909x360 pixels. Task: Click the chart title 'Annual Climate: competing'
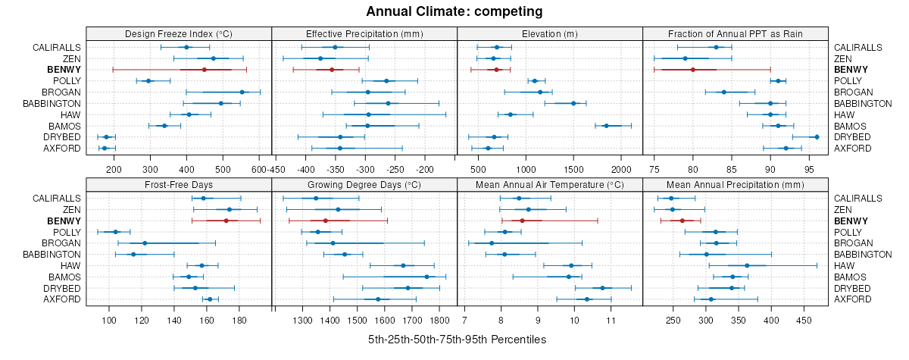point(454,11)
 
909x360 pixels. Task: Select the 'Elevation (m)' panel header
point(550,33)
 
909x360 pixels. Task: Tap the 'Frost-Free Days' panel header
point(179,184)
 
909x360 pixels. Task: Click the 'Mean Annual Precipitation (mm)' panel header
point(735,184)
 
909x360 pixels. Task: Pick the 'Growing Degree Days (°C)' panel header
point(364,184)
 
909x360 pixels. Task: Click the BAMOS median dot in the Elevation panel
point(606,126)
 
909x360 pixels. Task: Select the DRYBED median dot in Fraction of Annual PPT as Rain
point(817,137)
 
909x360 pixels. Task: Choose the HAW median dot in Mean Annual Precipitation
point(747,265)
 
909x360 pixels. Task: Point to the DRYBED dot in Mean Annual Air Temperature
point(602,288)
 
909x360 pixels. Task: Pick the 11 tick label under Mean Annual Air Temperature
point(611,321)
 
